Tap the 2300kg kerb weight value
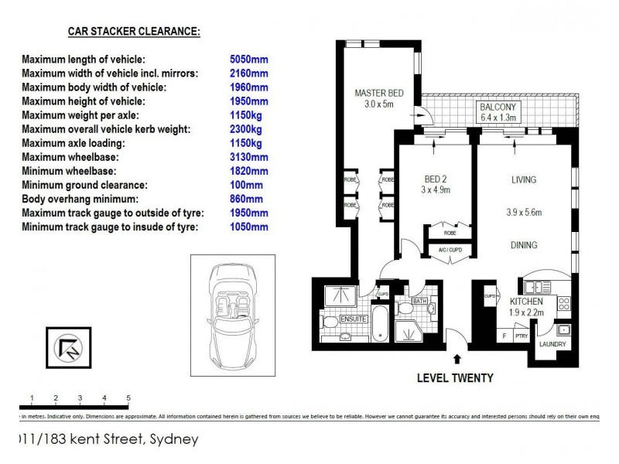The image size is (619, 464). pos(246,129)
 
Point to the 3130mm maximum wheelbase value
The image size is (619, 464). pos(249,157)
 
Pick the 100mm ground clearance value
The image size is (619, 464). pos(247,186)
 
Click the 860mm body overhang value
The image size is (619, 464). pos(247,200)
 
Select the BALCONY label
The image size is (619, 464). pos(498,107)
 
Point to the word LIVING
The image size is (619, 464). pos(523,180)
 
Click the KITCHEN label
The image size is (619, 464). pos(526,302)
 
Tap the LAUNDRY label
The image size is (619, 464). pos(552,344)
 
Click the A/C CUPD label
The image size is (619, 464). pos(450,251)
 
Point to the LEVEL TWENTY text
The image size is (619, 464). pos(455,378)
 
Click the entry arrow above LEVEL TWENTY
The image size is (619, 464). pos(457,359)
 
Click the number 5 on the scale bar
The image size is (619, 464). pos(128,398)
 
